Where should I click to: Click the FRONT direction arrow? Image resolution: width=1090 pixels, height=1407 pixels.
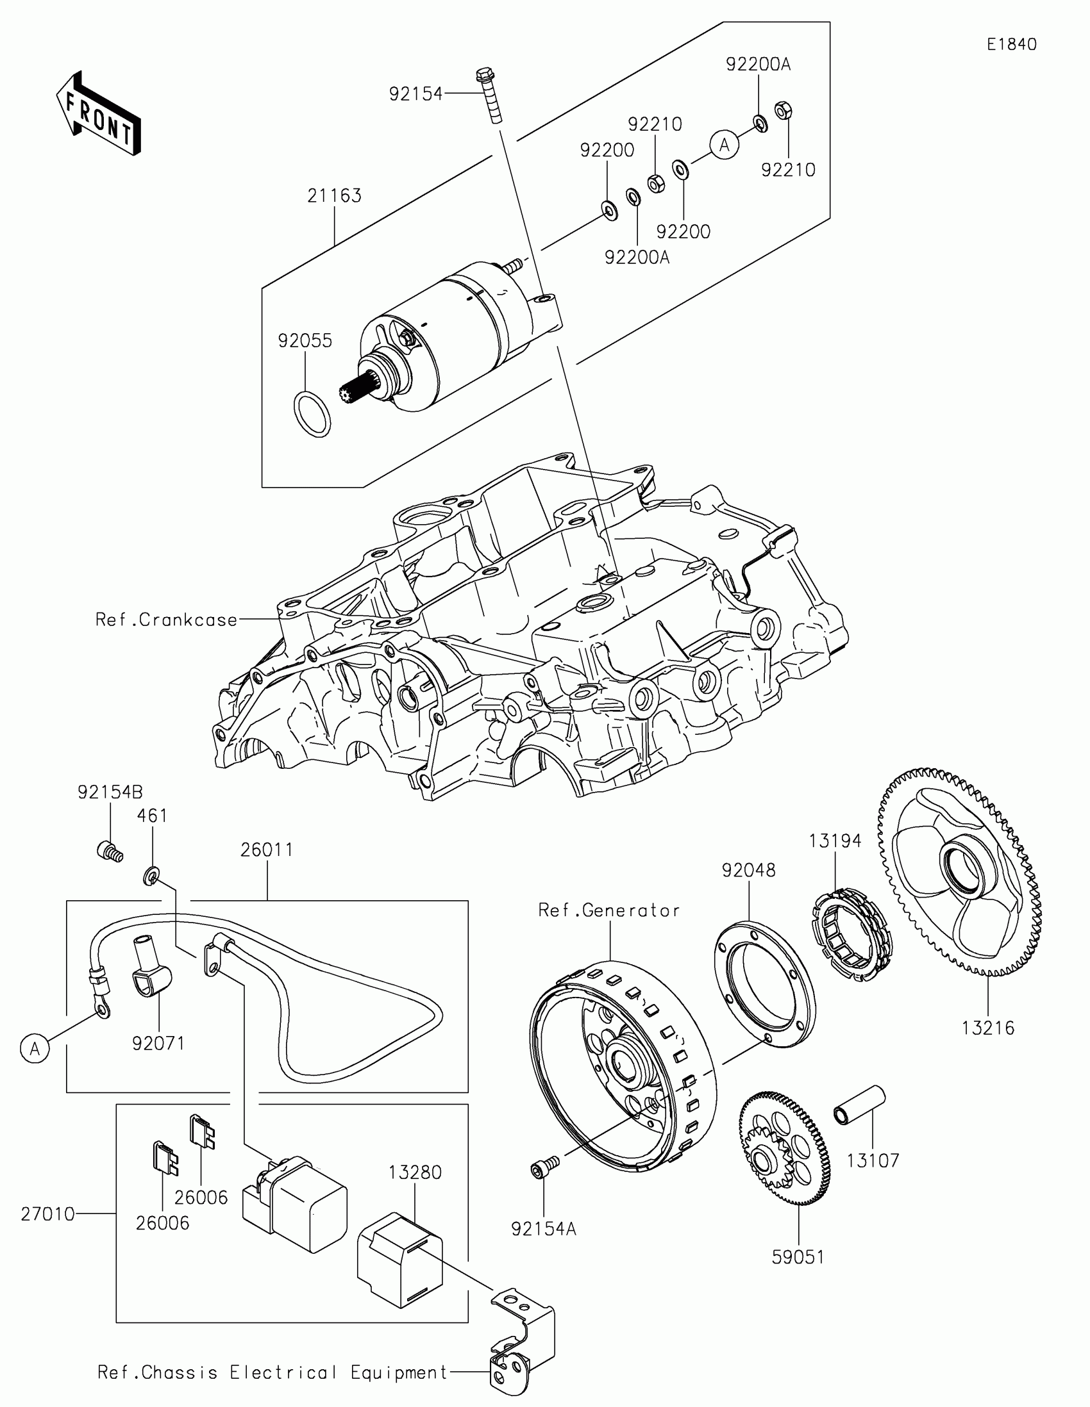pyautogui.click(x=99, y=114)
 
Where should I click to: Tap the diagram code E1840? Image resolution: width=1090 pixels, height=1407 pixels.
pyautogui.click(x=1011, y=44)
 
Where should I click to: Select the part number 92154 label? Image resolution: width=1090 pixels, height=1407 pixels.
pyautogui.click(x=415, y=94)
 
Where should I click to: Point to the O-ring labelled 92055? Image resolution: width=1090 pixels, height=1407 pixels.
pyautogui.click(x=312, y=413)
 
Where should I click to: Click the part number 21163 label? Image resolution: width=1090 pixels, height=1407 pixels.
pyautogui.click(x=334, y=196)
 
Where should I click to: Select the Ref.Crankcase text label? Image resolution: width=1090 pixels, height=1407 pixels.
pyautogui.click(x=166, y=620)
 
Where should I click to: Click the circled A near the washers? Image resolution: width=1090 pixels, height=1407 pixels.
pyautogui.click(x=725, y=145)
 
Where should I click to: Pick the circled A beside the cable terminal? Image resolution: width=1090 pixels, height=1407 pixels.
pyautogui.click(x=35, y=1049)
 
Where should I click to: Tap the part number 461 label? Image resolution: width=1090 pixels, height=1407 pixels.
pyautogui.click(x=152, y=816)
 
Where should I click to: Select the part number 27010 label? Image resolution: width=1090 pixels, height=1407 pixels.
pyautogui.click(x=47, y=1214)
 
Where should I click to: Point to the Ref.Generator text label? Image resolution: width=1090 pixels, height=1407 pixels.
pyautogui.click(x=609, y=910)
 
